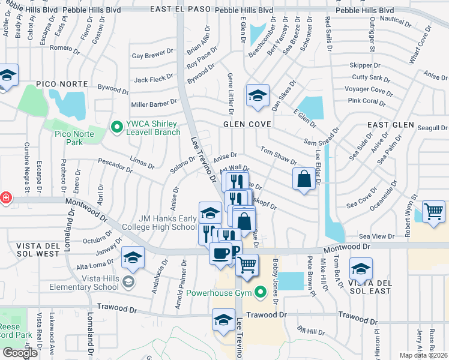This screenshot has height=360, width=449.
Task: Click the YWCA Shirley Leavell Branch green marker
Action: tap(116, 126)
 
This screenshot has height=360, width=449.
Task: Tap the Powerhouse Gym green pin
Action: tap(260, 293)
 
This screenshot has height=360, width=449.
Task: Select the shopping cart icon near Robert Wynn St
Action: tap(433, 212)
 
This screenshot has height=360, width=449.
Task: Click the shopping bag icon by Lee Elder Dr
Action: tap(304, 179)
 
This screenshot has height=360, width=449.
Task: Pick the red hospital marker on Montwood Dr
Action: tap(5, 197)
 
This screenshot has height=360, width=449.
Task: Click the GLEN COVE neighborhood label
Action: tap(247, 124)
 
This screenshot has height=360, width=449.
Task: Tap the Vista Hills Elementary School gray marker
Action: tap(128, 281)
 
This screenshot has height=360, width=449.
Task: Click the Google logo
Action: tap(20, 352)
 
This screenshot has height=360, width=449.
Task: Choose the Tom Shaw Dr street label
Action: tap(278, 156)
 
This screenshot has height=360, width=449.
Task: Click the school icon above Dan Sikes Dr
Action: tap(258, 95)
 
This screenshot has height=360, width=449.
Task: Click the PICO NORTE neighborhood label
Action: tap(58, 83)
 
